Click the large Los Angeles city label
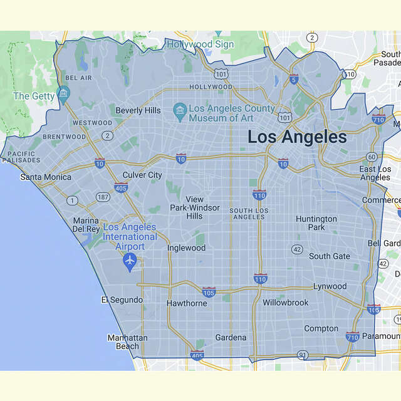296,137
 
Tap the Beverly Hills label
138,110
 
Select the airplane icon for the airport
130,260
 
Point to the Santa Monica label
46,177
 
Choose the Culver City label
142,175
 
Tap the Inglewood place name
186,247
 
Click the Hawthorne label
186,303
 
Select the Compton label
321,328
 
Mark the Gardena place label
231,337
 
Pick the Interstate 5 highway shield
294,79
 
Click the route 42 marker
297,249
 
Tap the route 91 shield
303,355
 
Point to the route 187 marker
102,198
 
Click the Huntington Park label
316,223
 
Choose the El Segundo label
122,300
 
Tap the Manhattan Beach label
127,341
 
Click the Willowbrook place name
286,303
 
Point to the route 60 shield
371,157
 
